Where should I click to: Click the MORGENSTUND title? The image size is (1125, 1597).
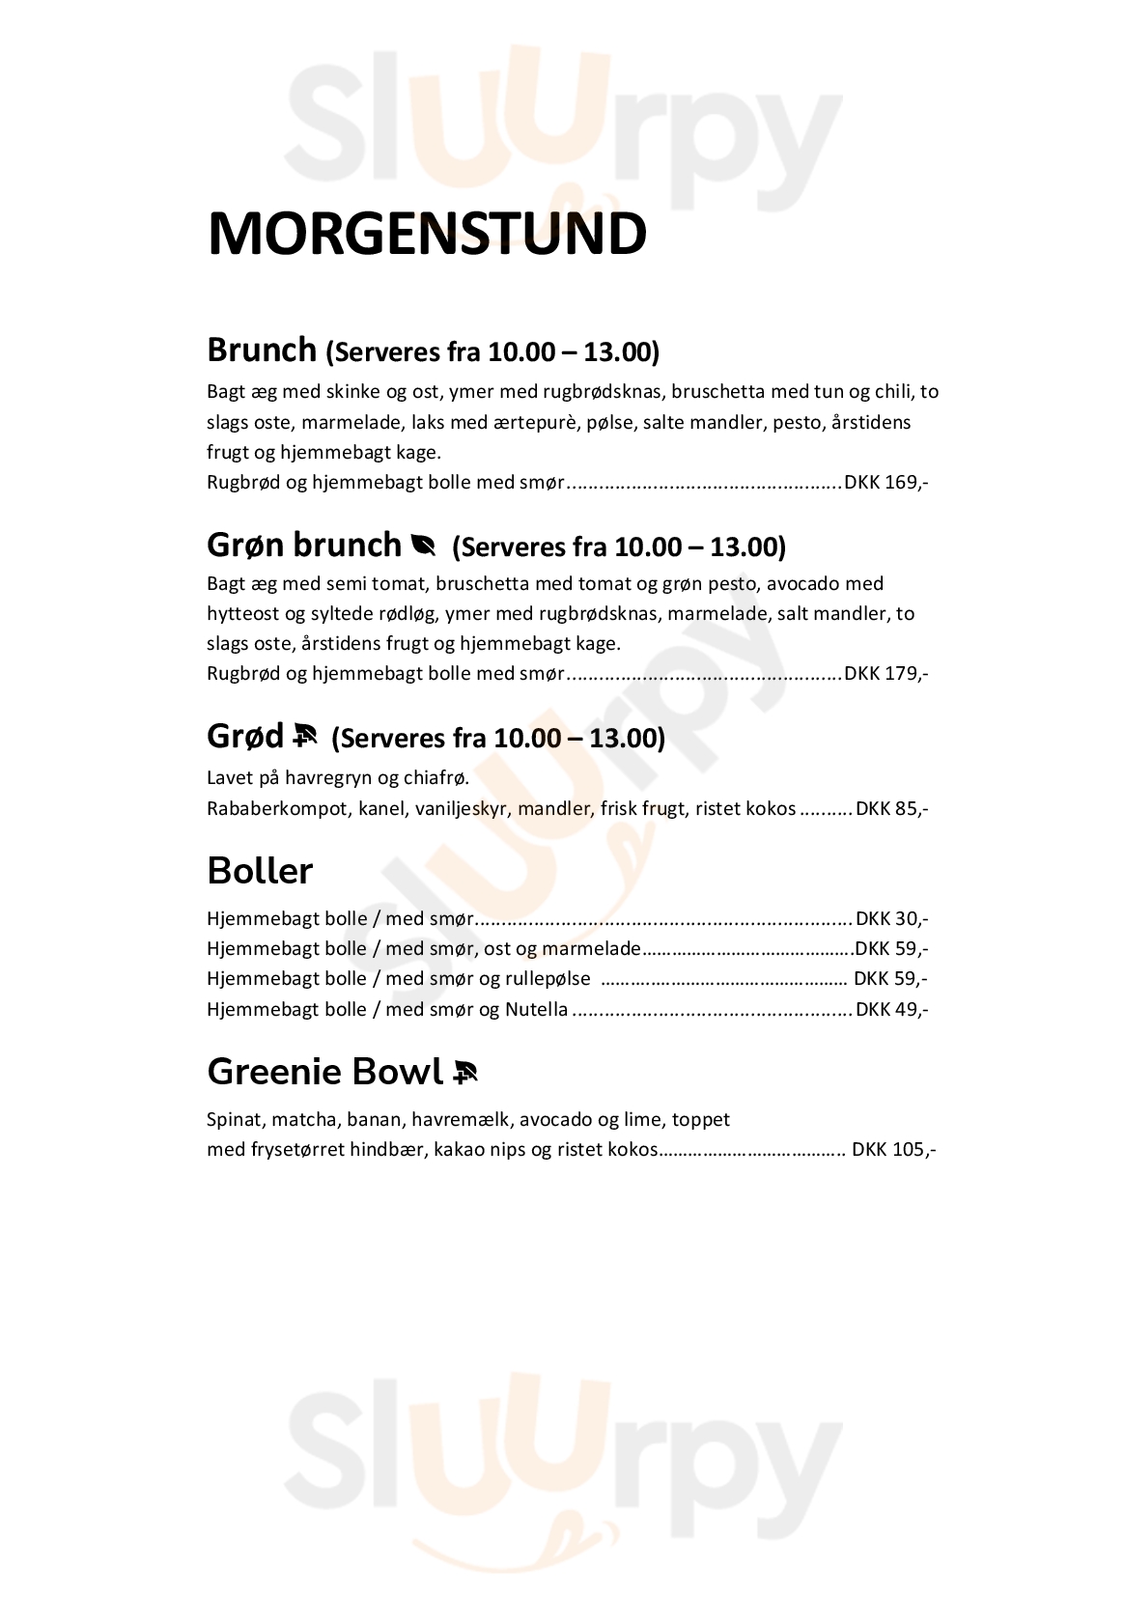click(x=426, y=234)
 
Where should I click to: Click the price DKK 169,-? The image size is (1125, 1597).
click(x=886, y=483)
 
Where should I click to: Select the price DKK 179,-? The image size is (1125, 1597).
click(x=886, y=673)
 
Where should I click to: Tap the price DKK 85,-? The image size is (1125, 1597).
click(x=891, y=809)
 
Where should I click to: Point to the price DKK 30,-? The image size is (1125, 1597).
click(x=891, y=919)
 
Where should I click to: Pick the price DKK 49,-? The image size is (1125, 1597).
click(x=891, y=1010)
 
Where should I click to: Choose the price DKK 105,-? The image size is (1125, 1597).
click(x=893, y=1150)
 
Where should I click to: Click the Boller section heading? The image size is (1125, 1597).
click(x=260, y=871)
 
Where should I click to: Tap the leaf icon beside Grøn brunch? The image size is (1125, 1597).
click(x=423, y=546)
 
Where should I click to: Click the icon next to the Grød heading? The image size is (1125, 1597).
click(x=304, y=738)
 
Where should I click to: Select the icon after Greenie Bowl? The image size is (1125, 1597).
click(x=464, y=1073)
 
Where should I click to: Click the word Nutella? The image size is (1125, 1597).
click(x=536, y=1010)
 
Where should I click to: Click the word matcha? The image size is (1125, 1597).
click(x=298, y=1120)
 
